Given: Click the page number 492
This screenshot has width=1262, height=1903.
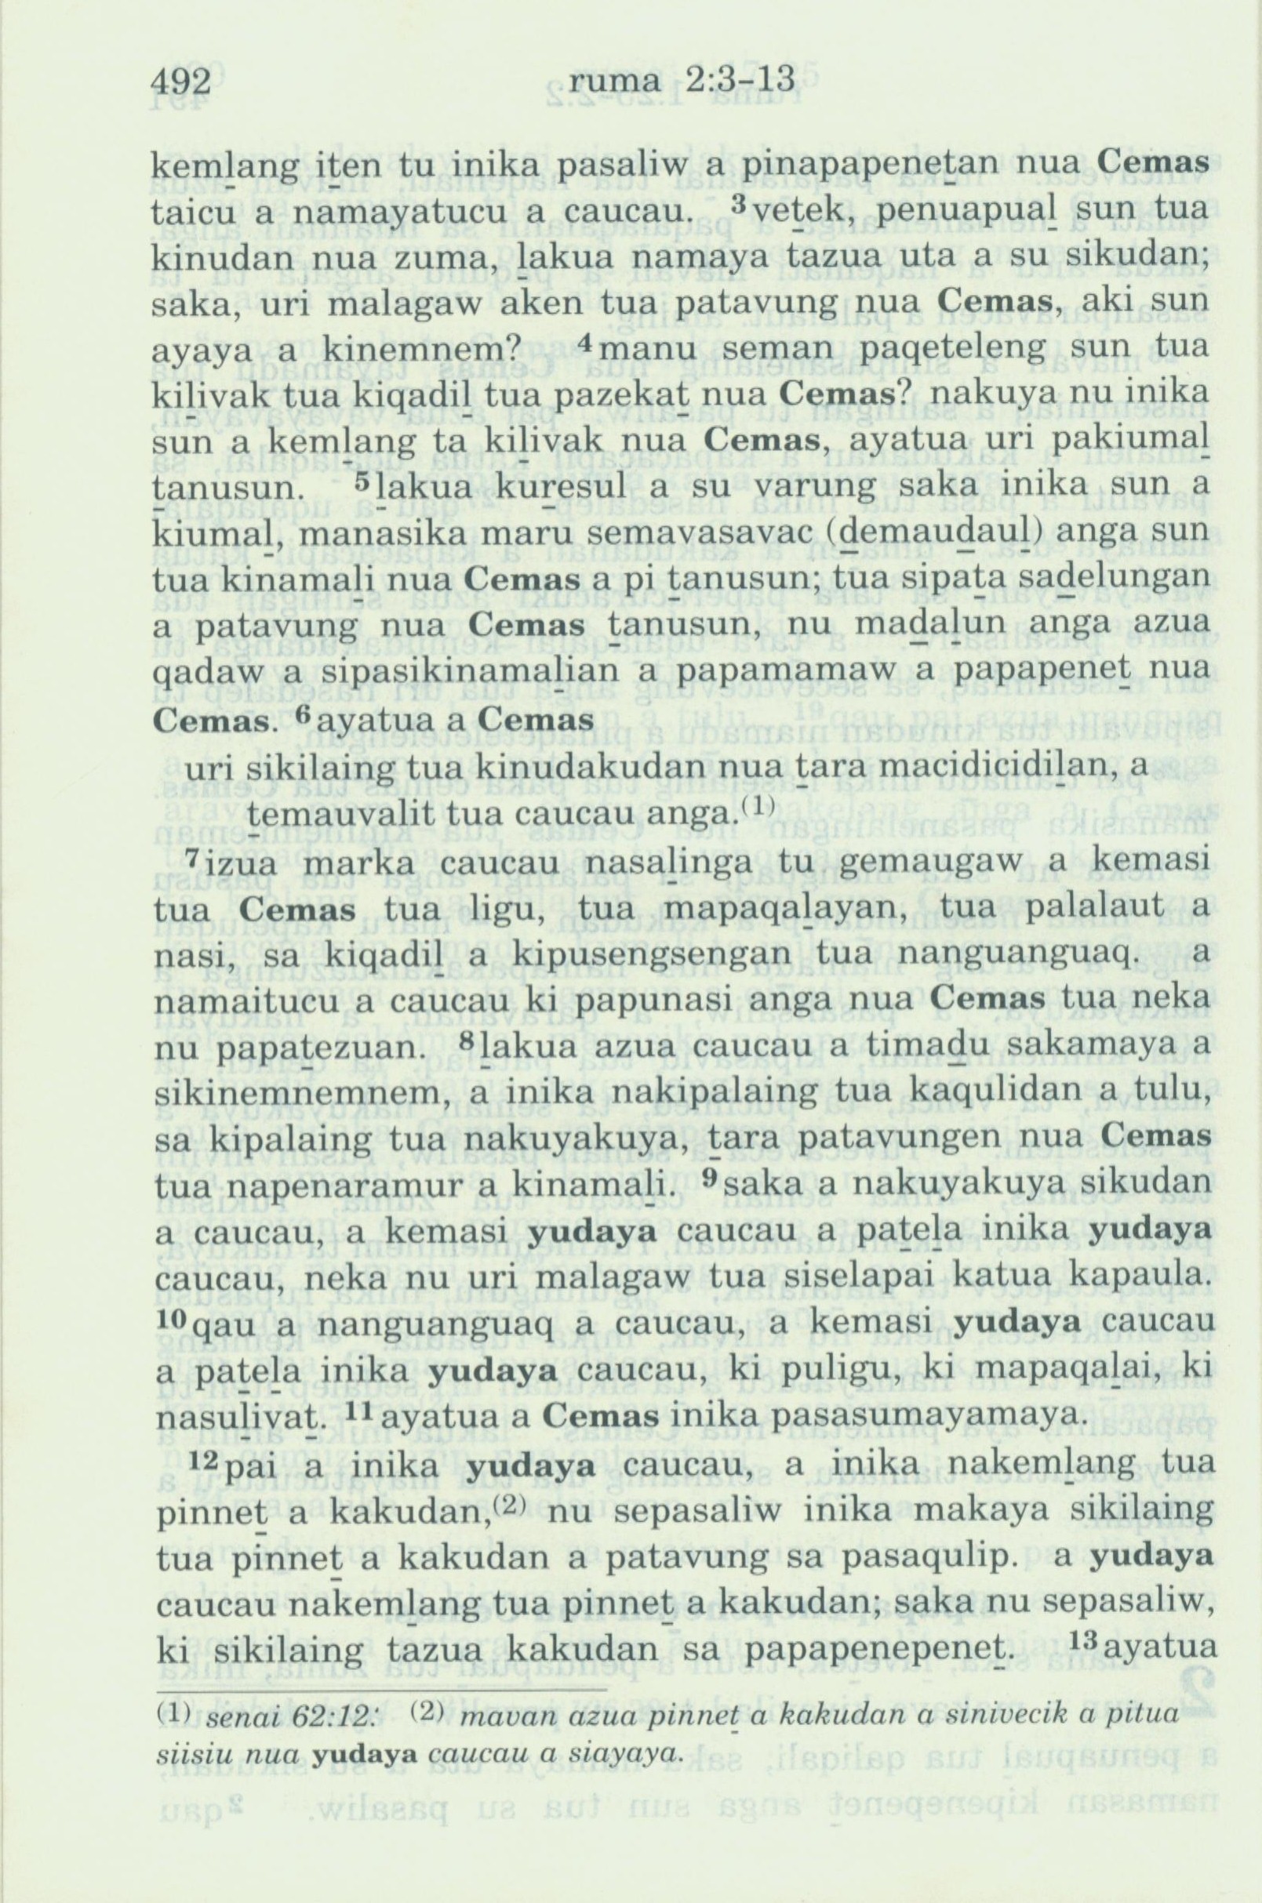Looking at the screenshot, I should pos(181,82).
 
